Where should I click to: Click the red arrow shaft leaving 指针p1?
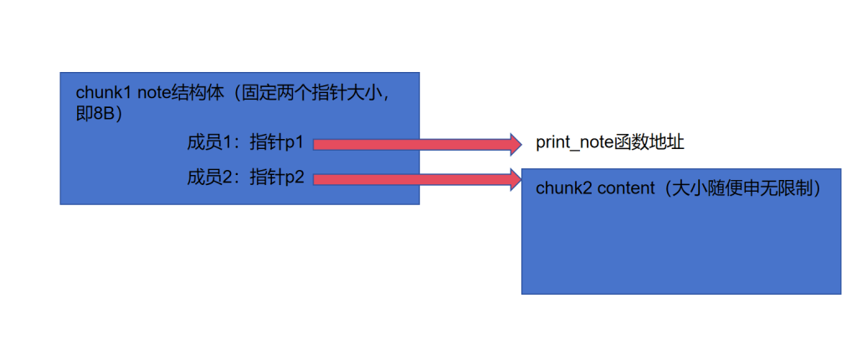tap(410, 144)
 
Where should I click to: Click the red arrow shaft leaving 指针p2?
tap(410, 177)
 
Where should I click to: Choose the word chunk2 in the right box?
tap(563, 188)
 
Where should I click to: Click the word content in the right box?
tap(624, 188)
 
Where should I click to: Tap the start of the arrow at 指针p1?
tap(318, 144)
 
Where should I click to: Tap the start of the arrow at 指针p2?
tap(318, 177)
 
